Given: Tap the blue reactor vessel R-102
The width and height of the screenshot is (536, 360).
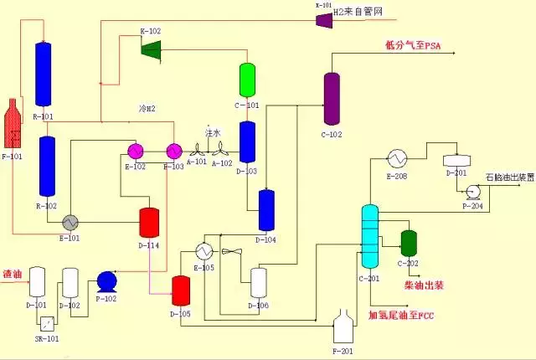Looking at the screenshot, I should (48, 167).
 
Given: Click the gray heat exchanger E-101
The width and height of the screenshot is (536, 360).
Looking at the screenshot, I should (70, 222).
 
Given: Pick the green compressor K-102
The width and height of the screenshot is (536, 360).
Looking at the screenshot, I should (151, 49).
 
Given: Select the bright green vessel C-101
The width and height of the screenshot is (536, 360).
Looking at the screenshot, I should (247, 80).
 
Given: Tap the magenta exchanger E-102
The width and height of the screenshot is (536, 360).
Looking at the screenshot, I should (136, 151).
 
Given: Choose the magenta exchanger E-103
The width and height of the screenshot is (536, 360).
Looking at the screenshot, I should (173, 151).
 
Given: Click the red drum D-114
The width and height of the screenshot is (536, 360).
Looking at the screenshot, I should (149, 222).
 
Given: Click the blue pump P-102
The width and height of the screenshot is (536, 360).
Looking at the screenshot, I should (107, 280).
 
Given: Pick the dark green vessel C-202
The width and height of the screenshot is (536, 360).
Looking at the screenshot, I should (409, 243).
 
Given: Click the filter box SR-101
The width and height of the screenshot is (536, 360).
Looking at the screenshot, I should (48, 323).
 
